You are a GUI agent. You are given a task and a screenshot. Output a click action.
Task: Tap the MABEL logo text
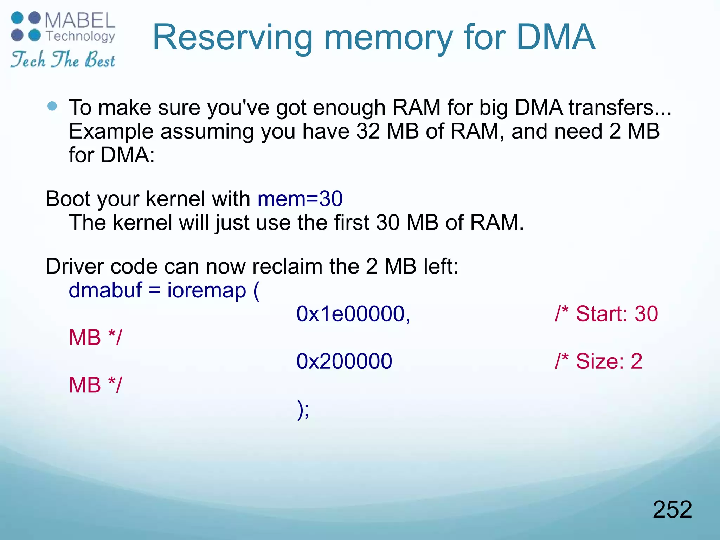[x=80, y=20]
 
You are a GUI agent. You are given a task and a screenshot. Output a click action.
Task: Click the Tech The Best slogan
[x=63, y=59]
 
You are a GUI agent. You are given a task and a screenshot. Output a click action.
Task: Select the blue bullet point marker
[x=52, y=106]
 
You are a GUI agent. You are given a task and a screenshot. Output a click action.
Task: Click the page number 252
[x=672, y=509]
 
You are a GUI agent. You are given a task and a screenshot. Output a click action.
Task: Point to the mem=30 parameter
[x=300, y=199]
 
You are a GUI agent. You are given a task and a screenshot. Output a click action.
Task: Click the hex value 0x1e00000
[x=353, y=314]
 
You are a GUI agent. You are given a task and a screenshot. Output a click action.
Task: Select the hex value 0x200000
[x=344, y=361]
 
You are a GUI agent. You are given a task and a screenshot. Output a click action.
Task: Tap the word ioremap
[x=207, y=290]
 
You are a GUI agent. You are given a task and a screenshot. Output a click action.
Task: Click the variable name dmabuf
[x=105, y=290]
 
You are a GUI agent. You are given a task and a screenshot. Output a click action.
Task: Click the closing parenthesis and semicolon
[x=303, y=410]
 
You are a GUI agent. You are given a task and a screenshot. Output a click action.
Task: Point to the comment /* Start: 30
[x=606, y=314]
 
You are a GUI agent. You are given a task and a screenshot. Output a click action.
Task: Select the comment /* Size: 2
[x=598, y=361]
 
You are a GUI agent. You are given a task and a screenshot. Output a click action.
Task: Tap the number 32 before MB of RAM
[x=368, y=131]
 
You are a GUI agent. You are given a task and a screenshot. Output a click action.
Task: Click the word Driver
[x=75, y=266]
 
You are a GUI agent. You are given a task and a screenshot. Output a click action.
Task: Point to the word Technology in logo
[x=81, y=36]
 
